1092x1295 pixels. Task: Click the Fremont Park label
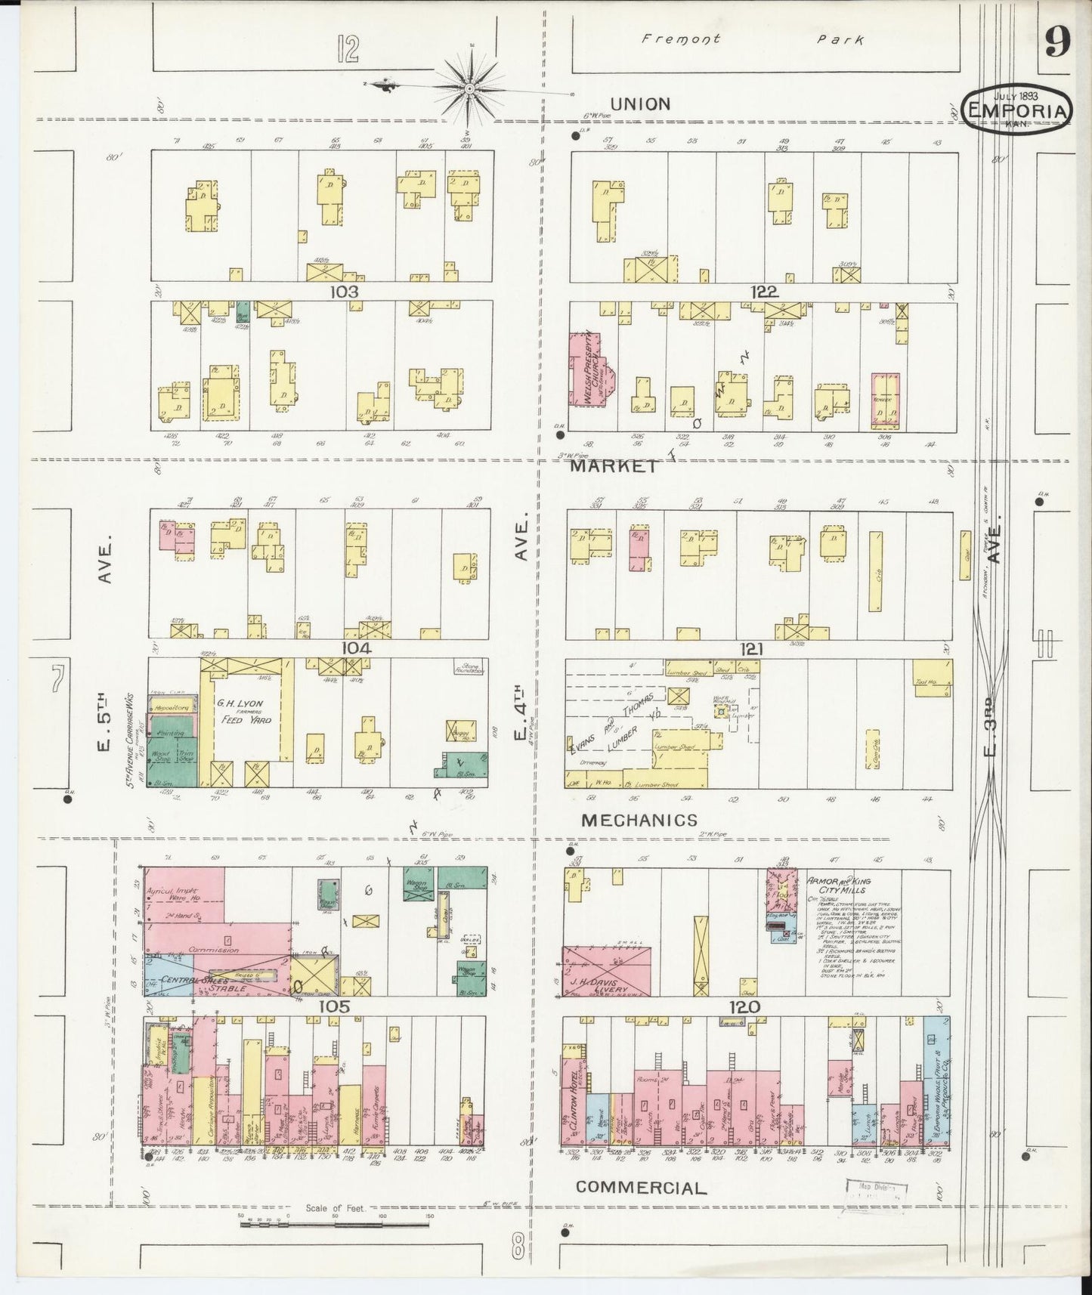tap(752, 39)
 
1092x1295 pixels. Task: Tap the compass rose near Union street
tap(469, 90)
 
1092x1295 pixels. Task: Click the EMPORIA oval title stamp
tap(1018, 110)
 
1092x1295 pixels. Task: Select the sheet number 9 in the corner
tap(1056, 45)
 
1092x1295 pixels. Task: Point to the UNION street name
tap(639, 104)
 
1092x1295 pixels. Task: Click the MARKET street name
tap(614, 466)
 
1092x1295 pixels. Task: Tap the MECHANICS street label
tap(639, 819)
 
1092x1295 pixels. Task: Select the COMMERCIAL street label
tap(641, 1187)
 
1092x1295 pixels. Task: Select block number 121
tap(752, 648)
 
